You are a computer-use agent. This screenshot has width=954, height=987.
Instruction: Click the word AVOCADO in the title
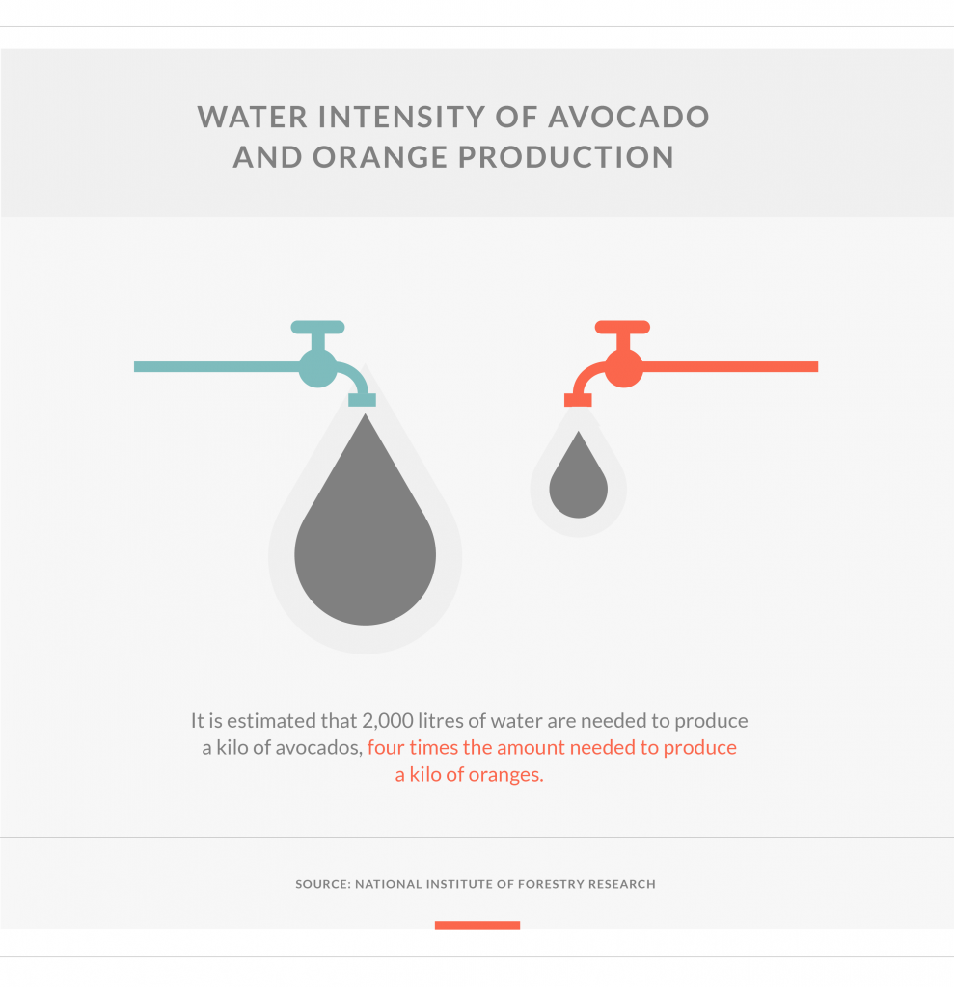click(628, 117)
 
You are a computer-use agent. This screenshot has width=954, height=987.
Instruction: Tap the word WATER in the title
click(253, 117)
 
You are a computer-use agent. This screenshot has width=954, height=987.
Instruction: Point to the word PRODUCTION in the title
click(566, 157)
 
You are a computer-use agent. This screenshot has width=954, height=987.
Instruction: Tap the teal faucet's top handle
click(317, 328)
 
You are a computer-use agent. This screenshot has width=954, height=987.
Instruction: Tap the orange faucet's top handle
click(622, 328)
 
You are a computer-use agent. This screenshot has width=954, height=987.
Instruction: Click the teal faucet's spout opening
click(363, 400)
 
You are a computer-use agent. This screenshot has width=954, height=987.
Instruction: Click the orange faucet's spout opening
click(578, 400)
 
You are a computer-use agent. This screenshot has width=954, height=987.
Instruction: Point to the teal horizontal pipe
click(217, 367)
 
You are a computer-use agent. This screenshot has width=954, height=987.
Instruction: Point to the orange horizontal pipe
click(729, 367)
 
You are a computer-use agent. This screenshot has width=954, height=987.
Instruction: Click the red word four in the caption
click(386, 748)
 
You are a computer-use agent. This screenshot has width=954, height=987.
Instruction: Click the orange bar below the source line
click(477, 925)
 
